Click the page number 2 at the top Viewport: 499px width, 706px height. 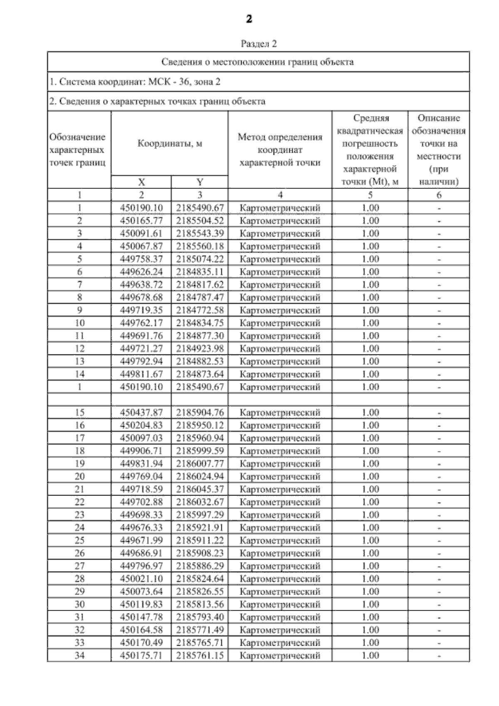pyautogui.click(x=249, y=19)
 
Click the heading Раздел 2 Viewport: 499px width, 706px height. pyautogui.click(x=259, y=44)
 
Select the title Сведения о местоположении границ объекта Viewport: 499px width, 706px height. pyautogui.click(x=258, y=62)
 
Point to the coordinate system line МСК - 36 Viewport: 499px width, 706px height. pyautogui.click(x=135, y=82)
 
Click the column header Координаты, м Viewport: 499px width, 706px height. pyautogui.click(x=170, y=144)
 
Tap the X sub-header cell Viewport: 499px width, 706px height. pyautogui.click(x=141, y=182)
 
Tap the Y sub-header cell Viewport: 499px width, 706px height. pyautogui.click(x=200, y=182)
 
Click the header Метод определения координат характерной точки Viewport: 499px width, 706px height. pyautogui.click(x=280, y=150)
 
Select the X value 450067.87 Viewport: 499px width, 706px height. pyautogui.click(x=141, y=246)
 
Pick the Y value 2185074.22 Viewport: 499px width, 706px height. pyautogui.click(x=200, y=259)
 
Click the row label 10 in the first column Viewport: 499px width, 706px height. pyautogui.click(x=79, y=323)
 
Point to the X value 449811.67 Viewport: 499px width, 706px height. pyautogui.click(x=141, y=374)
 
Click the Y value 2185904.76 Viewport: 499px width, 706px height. pyautogui.click(x=200, y=413)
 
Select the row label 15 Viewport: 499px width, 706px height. pyautogui.click(x=79, y=413)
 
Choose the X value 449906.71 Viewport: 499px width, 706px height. pyautogui.click(x=141, y=451)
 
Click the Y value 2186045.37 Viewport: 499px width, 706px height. pyautogui.click(x=200, y=489)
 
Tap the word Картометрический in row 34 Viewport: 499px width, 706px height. pyautogui.click(x=280, y=656)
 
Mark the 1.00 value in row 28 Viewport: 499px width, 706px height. pyautogui.click(x=370, y=579)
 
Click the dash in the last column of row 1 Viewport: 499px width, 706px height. pyautogui.click(x=439, y=208)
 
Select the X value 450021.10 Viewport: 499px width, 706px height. pyautogui.click(x=141, y=579)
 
